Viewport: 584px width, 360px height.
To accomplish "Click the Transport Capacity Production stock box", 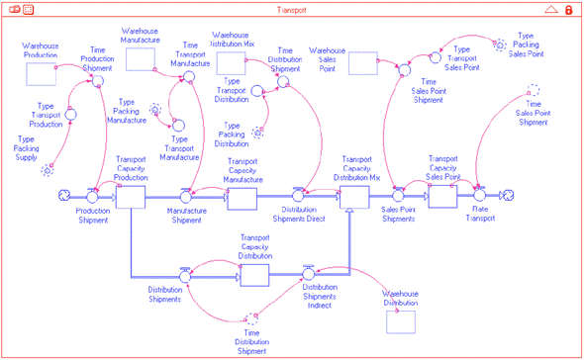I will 131,197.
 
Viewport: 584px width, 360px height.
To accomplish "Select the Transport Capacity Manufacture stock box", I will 243,197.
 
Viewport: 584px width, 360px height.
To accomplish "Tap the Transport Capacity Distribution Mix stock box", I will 354,197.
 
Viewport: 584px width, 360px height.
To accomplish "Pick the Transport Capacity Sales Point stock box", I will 441,197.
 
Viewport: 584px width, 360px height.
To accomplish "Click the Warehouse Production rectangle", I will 41,72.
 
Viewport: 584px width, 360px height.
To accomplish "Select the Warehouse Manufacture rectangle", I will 141,59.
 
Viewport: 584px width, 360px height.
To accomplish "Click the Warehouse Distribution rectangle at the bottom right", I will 401,319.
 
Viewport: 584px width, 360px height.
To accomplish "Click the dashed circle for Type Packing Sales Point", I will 501,44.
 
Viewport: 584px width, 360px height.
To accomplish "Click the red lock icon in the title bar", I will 569,9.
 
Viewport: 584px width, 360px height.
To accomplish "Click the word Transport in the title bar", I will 292,9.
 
